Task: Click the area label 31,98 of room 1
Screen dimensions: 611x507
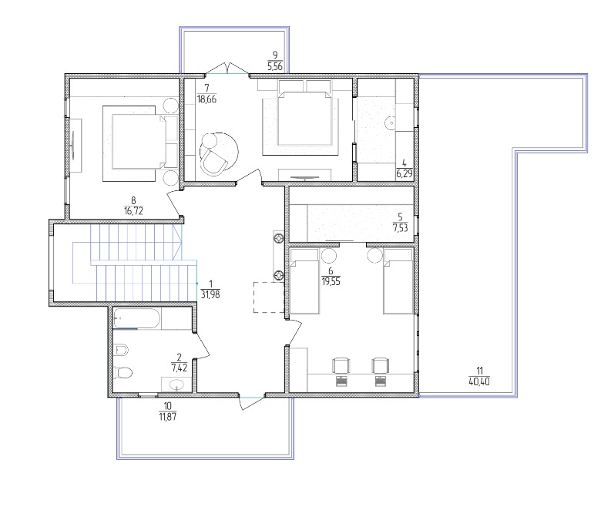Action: point(210,294)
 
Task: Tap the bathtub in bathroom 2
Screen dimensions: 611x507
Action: point(137,318)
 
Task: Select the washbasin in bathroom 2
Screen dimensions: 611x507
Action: point(177,384)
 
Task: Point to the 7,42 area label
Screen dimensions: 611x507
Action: point(180,367)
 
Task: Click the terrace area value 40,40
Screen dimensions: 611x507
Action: point(479,381)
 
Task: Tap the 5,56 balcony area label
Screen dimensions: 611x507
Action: point(275,66)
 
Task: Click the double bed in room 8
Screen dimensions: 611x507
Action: point(139,142)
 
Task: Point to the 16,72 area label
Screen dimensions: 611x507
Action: point(133,211)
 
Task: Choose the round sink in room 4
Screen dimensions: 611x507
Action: point(391,123)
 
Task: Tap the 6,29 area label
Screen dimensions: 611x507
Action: point(405,173)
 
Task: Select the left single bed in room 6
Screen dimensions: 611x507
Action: point(304,281)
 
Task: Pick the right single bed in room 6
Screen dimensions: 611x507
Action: point(398,281)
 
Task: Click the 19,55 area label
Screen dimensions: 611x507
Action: point(331,281)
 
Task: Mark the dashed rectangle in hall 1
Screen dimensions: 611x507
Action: point(269,297)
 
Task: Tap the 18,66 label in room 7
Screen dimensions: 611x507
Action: point(206,99)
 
